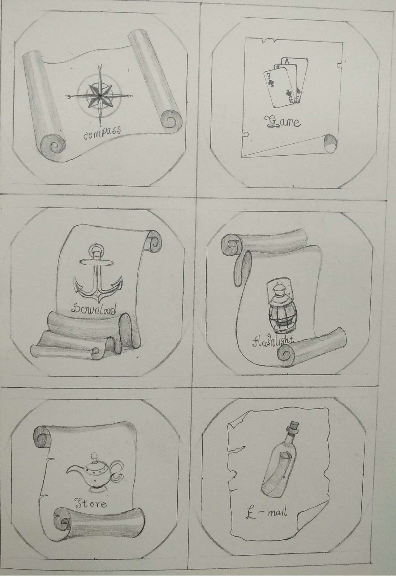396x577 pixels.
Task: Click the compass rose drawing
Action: [100, 97]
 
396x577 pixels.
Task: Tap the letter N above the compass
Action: [100, 67]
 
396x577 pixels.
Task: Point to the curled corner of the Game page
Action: [330, 144]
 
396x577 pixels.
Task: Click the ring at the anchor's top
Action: [97, 250]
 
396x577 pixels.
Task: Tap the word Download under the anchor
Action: [94, 309]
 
